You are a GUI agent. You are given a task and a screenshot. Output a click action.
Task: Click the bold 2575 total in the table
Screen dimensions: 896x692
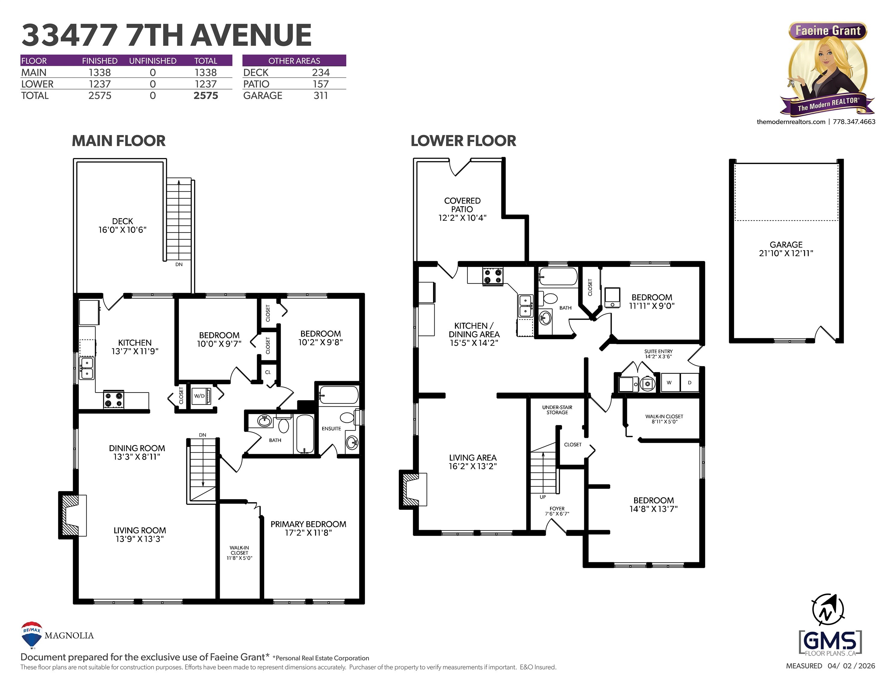point(206,96)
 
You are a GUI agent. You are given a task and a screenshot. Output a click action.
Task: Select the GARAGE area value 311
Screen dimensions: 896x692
point(321,96)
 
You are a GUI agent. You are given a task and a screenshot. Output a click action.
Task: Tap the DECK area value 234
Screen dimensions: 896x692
point(321,73)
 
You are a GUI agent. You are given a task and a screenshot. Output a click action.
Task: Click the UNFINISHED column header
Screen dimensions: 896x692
point(153,61)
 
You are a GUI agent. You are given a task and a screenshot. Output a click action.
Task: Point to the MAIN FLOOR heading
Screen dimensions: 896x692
point(118,141)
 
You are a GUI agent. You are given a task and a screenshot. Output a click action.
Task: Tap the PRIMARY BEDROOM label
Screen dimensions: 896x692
point(308,524)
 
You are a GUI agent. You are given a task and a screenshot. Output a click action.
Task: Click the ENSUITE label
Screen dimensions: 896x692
point(332,428)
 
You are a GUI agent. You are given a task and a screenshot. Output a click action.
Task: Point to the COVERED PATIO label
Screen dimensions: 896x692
point(462,205)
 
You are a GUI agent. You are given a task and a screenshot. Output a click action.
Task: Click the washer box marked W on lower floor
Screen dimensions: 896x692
point(669,382)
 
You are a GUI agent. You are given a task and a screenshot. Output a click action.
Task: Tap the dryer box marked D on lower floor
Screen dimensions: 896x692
point(690,382)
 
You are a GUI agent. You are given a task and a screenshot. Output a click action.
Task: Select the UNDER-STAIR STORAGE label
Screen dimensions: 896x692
point(557,410)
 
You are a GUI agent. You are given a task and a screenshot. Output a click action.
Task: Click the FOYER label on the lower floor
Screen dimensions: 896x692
point(557,508)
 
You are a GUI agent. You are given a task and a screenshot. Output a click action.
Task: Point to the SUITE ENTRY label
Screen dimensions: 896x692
point(659,351)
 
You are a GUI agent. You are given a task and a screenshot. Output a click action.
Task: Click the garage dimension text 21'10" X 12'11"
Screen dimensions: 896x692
point(786,253)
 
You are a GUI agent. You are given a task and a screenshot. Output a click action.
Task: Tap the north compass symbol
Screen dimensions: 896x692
point(828,610)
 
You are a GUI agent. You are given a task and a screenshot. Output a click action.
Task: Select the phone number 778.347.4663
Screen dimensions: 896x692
point(854,122)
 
